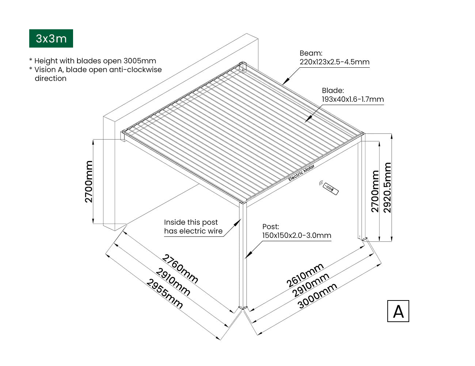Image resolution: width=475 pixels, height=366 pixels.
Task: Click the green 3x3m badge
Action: click(51, 38)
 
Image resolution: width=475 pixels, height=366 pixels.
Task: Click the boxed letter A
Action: click(398, 311)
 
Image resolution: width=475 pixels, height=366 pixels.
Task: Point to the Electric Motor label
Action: click(301, 173)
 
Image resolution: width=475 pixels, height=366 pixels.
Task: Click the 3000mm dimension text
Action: click(317, 296)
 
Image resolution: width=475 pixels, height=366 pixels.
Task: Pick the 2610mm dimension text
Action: click(305, 275)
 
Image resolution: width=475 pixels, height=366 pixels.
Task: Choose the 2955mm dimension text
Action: click(165, 294)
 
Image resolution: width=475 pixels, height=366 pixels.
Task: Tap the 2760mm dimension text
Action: click(180, 269)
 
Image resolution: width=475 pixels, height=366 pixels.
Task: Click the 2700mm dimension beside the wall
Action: click(89, 182)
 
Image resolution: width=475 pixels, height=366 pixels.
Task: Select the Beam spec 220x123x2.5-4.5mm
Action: click(334, 62)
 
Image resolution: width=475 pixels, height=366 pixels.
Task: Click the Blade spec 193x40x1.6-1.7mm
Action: click(353, 99)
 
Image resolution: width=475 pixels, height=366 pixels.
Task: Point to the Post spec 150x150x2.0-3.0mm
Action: click(297, 235)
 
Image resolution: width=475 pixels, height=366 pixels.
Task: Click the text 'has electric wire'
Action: click(193, 231)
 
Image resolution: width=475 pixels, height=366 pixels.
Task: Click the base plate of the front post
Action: click(243, 308)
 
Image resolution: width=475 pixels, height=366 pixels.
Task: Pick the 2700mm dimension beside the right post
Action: click(375, 191)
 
